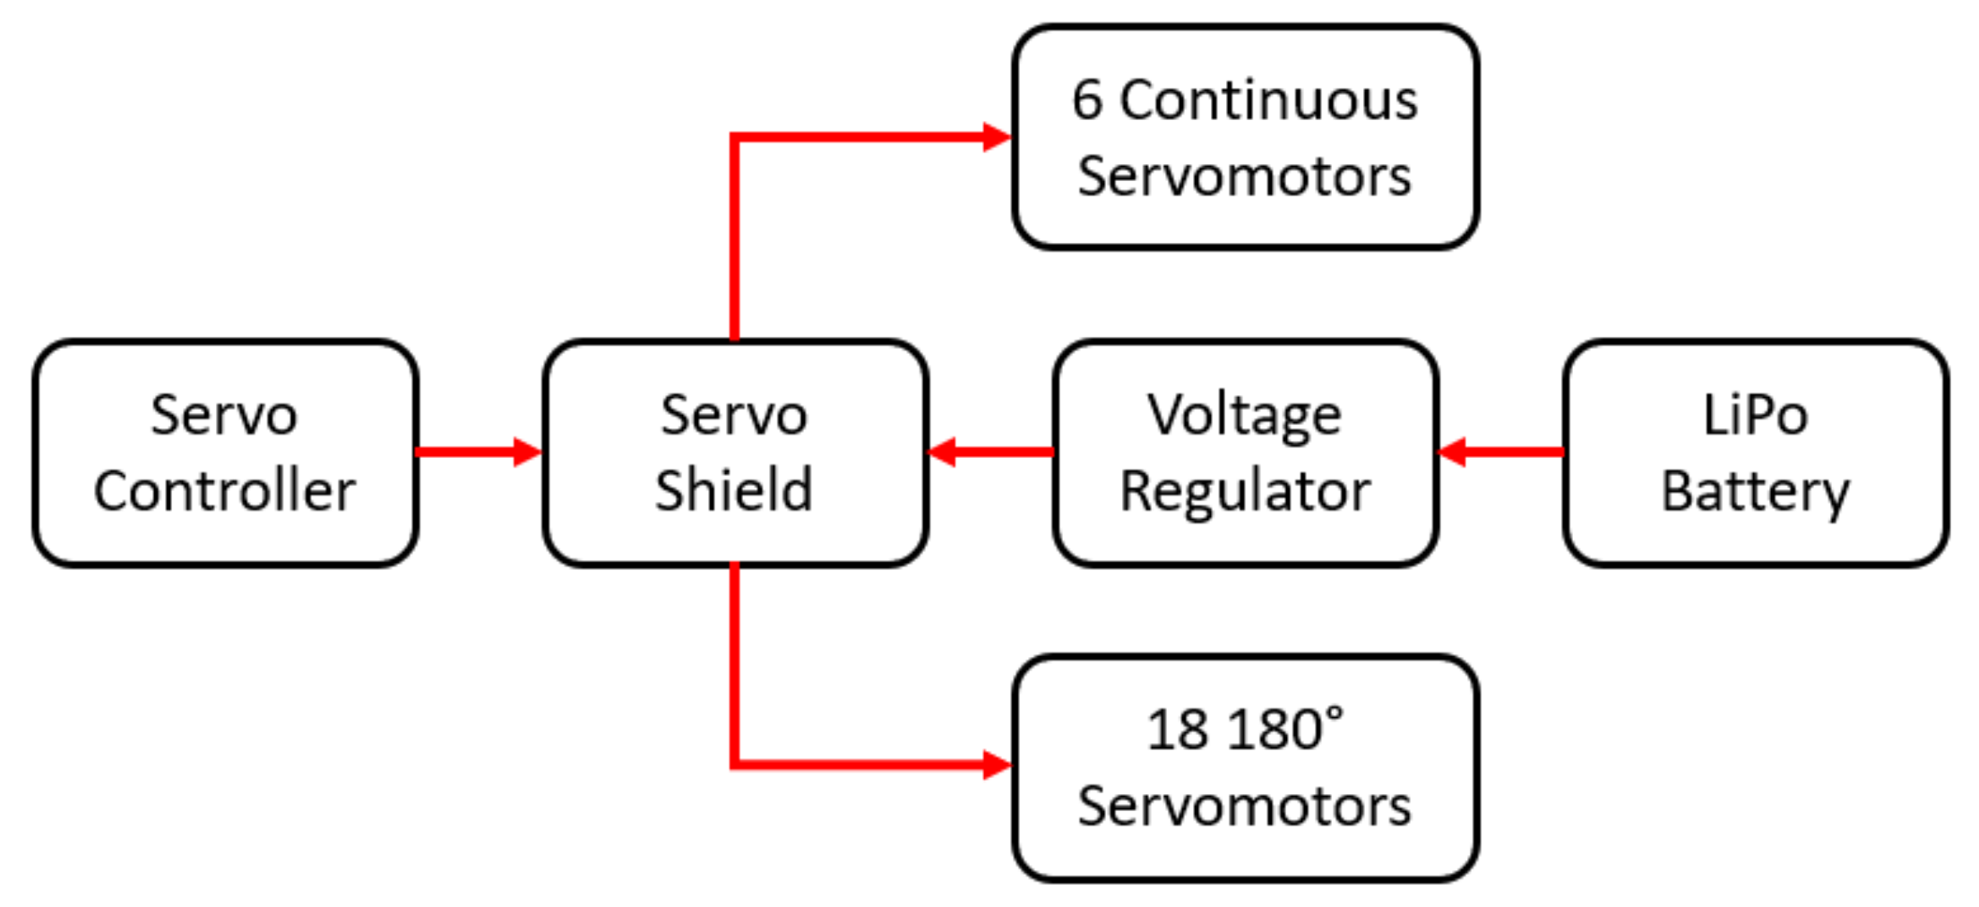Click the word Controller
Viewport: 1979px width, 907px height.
pyautogui.click(x=224, y=491)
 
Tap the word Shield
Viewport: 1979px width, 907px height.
pyautogui.click(x=734, y=491)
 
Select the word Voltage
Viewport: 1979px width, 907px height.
pyautogui.click(x=1244, y=416)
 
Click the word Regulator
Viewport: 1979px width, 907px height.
pyautogui.click(x=1245, y=492)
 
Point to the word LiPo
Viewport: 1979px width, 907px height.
pyautogui.click(x=1755, y=416)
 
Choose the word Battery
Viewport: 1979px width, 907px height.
pyautogui.click(x=1755, y=492)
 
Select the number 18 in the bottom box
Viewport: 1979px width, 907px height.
pyautogui.click(x=1177, y=730)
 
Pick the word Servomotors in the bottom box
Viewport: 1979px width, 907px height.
pyautogui.click(x=1244, y=806)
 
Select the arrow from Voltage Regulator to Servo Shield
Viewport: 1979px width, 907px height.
pyautogui.click(x=991, y=452)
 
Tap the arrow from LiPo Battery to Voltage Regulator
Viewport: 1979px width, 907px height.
pyautogui.click(x=1501, y=452)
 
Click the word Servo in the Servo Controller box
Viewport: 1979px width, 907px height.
pyautogui.click(x=224, y=416)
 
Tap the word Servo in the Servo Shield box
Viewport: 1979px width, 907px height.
pyautogui.click(x=734, y=416)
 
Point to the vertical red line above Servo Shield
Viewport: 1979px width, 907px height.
pyautogui.click(x=734, y=242)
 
